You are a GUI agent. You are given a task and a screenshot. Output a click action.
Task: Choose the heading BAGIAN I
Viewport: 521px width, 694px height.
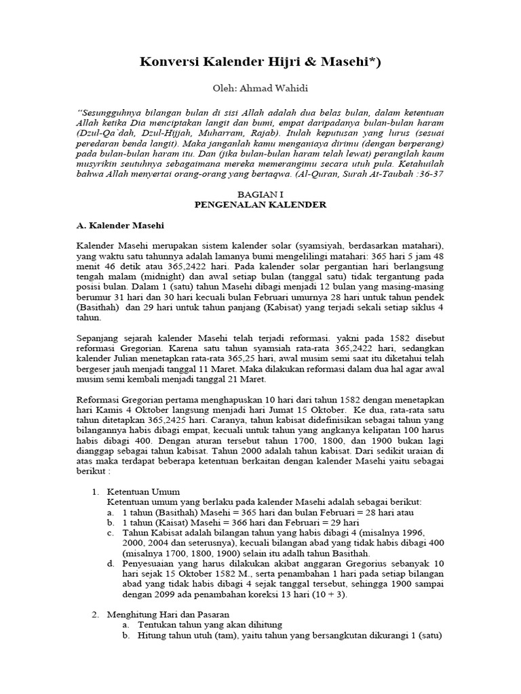pos(260,193)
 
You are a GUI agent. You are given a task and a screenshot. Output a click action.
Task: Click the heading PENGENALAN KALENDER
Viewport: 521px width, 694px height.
pos(260,204)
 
